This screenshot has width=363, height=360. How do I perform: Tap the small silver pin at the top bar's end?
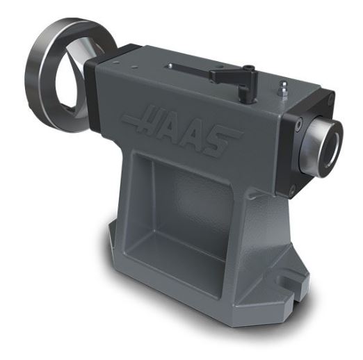tap(168, 65)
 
